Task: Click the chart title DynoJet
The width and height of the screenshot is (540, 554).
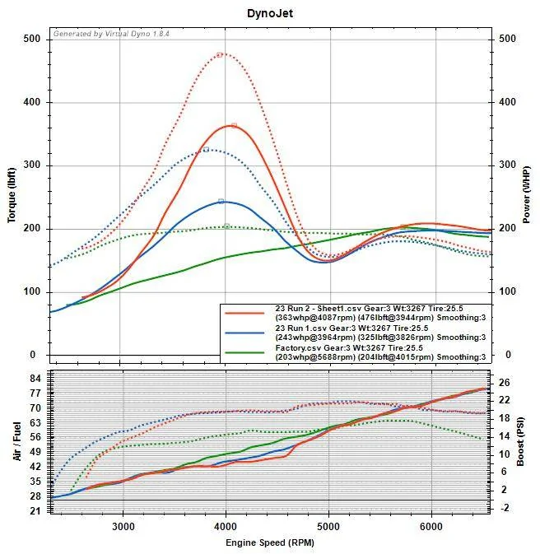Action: pyautogui.click(x=269, y=14)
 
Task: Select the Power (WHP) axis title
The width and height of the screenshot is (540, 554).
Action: pyautogui.click(x=526, y=193)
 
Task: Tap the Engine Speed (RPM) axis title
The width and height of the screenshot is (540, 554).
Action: pyautogui.click(x=270, y=542)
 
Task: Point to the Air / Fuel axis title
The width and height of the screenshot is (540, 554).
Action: pyautogui.click(x=16, y=440)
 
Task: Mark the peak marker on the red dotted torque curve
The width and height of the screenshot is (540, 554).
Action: pyautogui.click(x=220, y=54)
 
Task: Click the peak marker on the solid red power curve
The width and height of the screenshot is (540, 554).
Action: pyautogui.click(x=234, y=126)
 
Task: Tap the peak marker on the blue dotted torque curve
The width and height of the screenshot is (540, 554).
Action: pyautogui.click(x=206, y=150)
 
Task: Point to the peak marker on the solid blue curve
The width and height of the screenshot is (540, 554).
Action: pyautogui.click(x=221, y=201)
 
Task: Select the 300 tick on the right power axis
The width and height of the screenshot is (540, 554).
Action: pyautogui.click(x=507, y=165)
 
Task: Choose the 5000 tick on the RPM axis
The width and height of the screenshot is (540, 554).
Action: pyautogui.click(x=328, y=526)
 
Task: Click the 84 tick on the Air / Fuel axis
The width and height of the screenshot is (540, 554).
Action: pyautogui.click(x=35, y=378)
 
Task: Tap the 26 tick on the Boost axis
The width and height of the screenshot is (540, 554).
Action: pyautogui.click(x=504, y=382)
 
